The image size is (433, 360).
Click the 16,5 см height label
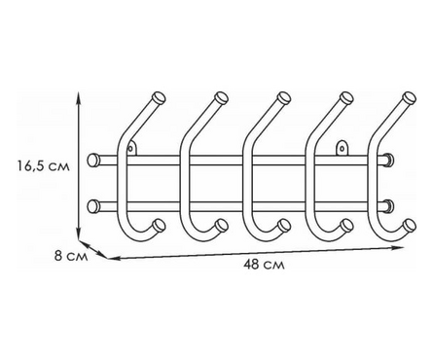point(44,166)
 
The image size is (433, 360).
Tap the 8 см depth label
point(71,257)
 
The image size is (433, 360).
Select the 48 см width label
point(264,265)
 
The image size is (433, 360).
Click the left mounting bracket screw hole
point(130,149)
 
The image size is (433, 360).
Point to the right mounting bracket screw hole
point(342,149)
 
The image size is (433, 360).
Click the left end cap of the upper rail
point(93,161)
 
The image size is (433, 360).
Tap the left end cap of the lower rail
point(93,206)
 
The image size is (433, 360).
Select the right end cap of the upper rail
point(389,161)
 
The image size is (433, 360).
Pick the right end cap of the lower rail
point(389,206)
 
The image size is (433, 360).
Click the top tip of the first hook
point(160,97)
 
